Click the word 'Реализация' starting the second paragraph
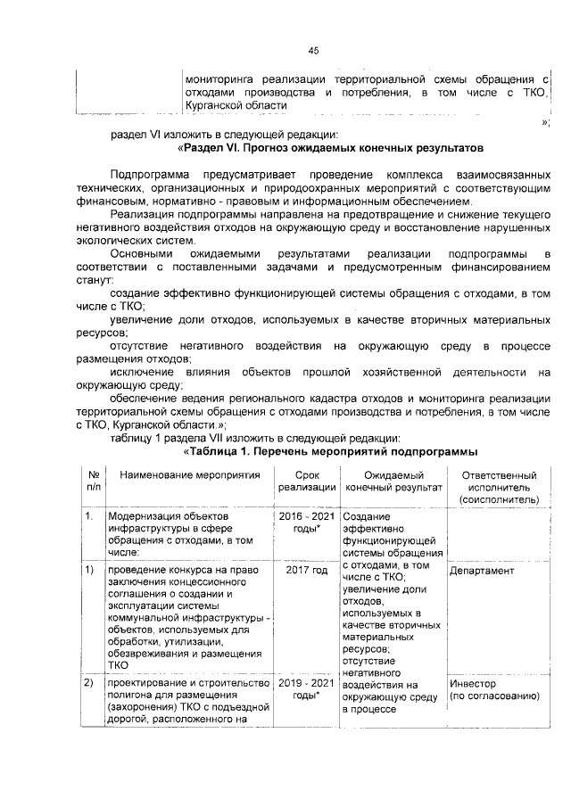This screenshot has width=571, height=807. tap(142, 214)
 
